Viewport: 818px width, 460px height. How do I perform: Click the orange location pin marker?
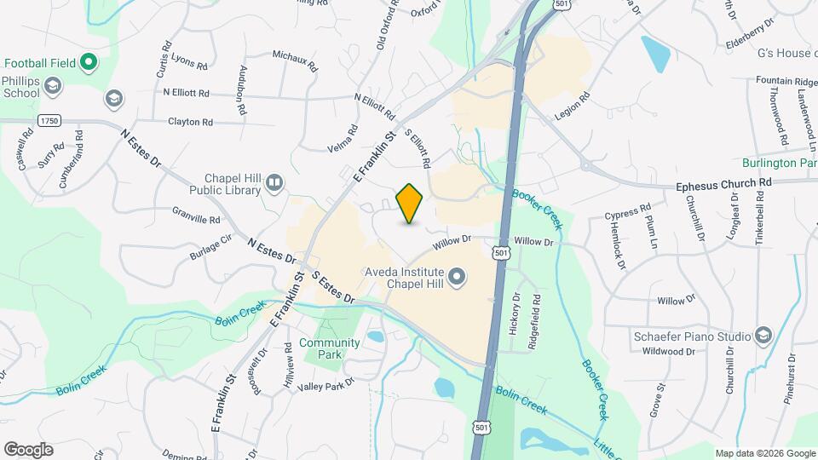tap(410, 203)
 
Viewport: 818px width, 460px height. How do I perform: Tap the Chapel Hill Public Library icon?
tap(274, 181)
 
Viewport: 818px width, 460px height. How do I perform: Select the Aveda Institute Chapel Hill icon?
tap(458, 275)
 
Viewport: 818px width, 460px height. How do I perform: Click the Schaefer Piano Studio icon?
tap(762, 335)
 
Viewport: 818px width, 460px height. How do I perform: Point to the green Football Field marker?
tap(89, 62)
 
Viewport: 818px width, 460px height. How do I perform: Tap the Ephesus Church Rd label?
tap(723, 182)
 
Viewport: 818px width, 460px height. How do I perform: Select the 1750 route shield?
tap(49, 122)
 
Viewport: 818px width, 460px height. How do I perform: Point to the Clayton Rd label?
tap(190, 123)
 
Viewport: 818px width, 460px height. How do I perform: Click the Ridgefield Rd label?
tap(536, 313)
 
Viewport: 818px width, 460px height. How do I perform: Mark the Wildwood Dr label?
tap(665, 351)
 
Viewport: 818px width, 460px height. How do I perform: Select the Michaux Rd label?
tap(295, 60)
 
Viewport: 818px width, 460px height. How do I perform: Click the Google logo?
tap(28, 449)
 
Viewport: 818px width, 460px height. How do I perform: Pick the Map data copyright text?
tap(764, 453)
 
